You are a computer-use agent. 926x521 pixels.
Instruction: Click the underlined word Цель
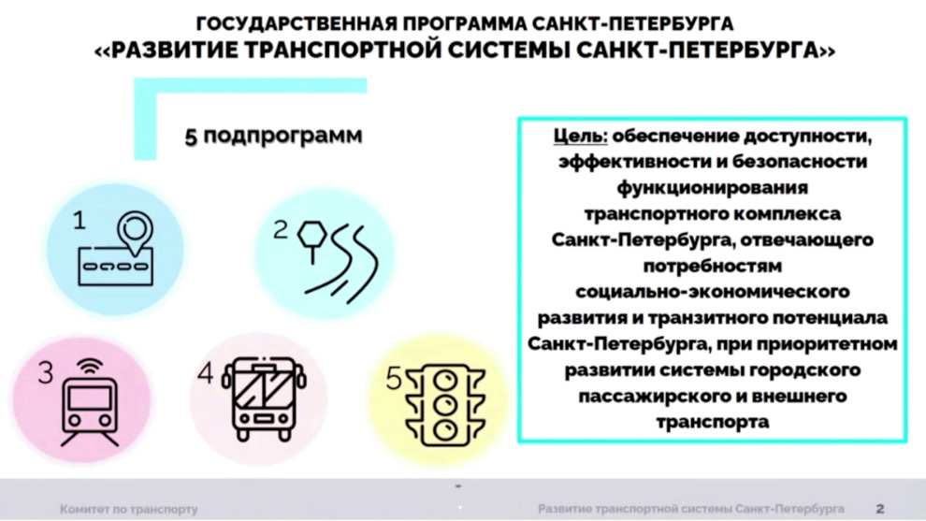click(580, 137)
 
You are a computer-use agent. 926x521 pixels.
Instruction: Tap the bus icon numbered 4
click(264, 398)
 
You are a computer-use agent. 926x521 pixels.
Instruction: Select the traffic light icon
click(444, 405)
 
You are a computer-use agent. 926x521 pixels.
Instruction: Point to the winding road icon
click(339, 259)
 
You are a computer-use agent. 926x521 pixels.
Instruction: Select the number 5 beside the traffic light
click(393, 379)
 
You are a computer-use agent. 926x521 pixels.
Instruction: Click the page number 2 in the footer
click(880, 509)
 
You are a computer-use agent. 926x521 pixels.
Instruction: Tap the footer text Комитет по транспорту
click(129, 509)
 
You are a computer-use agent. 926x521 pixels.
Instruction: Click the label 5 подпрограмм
click(273, 136)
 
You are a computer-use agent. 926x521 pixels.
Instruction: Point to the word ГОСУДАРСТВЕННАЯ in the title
click(297, 23)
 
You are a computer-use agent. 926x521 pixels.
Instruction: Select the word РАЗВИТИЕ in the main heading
click(174, 51)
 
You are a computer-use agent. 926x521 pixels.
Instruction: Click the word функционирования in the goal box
click(712, 188)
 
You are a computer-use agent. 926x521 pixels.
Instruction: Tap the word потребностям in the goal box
click(712, 267)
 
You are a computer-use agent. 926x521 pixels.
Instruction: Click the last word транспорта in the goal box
click(712, 422)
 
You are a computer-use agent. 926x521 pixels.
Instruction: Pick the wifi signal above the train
click(90, 368)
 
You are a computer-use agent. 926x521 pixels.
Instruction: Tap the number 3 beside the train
click(46, 372)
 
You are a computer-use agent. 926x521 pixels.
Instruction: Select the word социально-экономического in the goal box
click(712, 292)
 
